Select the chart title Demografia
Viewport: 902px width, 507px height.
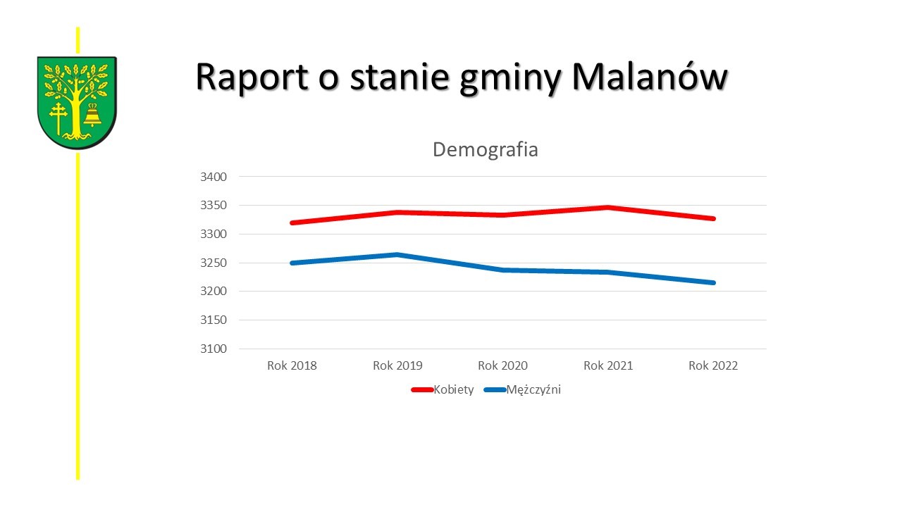pos(485,149)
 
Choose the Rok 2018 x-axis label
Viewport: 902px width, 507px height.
pos(292,365)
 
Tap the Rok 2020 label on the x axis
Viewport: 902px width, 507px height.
pos(502,365)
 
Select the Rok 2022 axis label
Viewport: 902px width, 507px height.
pos(713,365)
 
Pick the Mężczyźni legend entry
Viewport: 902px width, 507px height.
pos(533,389)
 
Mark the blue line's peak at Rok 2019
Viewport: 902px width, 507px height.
pos(397,254)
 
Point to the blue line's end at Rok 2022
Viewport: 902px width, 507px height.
pos(713,282)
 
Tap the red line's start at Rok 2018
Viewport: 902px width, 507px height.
pos(292,223)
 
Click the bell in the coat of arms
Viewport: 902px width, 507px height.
pos(92,115)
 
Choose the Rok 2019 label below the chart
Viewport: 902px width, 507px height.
pos(397,365)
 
